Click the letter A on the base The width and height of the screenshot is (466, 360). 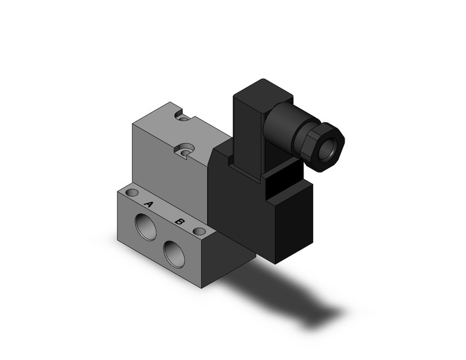pos(148,204)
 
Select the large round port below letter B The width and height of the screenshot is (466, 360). pos(175,252)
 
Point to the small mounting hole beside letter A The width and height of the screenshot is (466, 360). pos(131,193)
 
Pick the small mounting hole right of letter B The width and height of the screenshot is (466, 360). pos(198,232)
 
